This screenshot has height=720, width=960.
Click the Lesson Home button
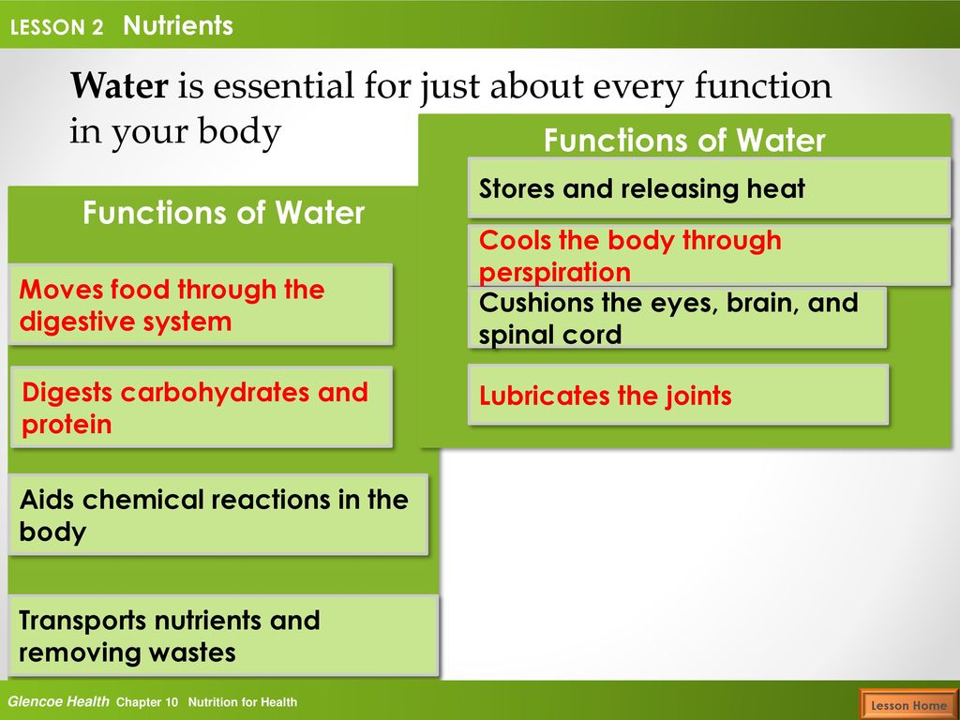coord(907,705)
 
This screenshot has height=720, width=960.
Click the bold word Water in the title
coord(119,85)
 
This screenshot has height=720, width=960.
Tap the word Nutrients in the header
coord(178,25)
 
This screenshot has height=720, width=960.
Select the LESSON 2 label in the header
coord(57,27)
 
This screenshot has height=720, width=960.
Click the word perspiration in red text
coord(555,273)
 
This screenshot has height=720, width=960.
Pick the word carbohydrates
coord(215,393)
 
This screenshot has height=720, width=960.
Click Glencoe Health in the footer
coord(58,701)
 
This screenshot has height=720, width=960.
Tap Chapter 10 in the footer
coord(147,702)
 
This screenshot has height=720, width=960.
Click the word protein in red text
coord(67,425)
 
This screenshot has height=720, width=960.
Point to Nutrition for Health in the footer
coord(243,702)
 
